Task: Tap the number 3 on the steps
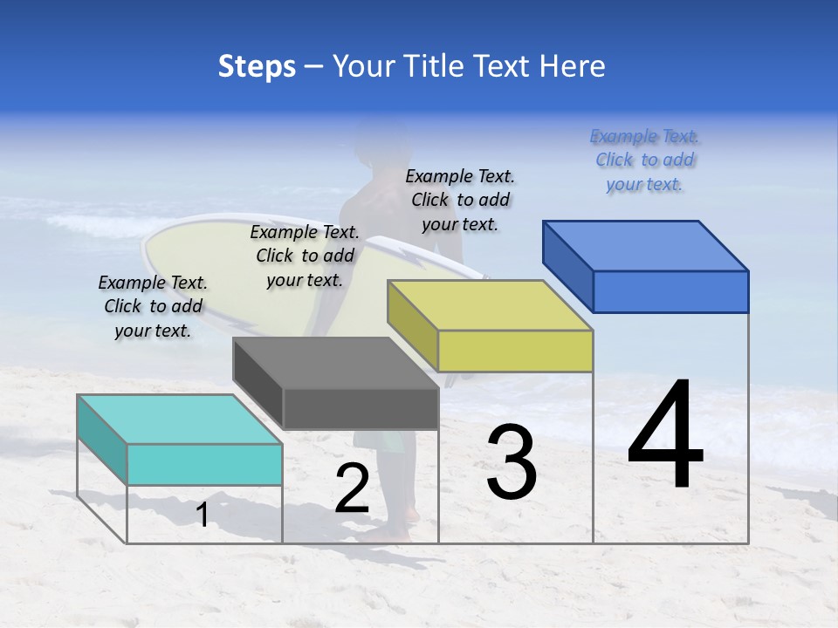click(x=511, y=462)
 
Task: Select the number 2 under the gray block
click(x=352, y=488)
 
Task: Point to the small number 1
click(x=203, y=515)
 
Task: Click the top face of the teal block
click(x=179, y=419)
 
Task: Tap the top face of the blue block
click(x=646, y=245)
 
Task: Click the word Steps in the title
click(x=257, y=66)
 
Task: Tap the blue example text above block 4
click(x=645, y=160)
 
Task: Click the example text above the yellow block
click(x=460, y=201)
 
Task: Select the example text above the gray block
click(x=305, y=256)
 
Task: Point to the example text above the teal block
click(x=153, y=307)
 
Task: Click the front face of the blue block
click(x=670, y=291)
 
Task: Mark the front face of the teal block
click(x=204, y=464)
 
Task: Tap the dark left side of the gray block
click(x=258, y=384)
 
